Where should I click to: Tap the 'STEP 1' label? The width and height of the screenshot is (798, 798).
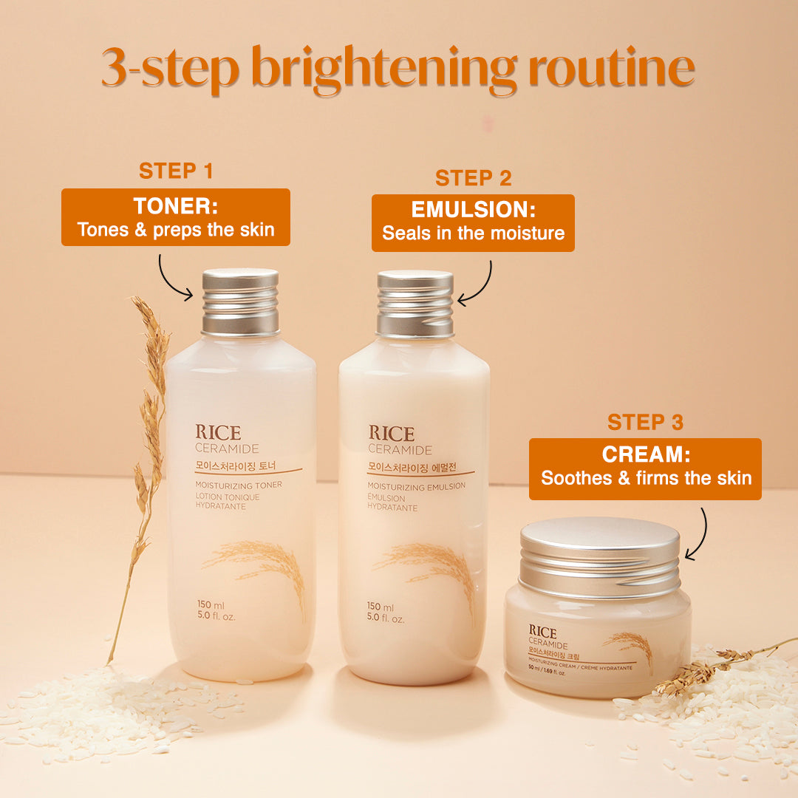click(x=176, y=171)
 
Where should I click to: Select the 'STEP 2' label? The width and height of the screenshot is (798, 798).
click(x=473, y=178)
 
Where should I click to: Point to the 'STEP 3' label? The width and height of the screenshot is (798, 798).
click(x=645, y=422)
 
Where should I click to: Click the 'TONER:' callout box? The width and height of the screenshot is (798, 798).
click(x=176, y=217)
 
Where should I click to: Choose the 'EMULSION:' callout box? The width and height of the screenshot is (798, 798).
click(x=473, y=223)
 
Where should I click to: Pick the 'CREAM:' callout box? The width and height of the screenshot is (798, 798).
click(x=645, y=468)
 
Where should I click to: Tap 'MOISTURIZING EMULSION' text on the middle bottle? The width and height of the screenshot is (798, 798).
click(x=417, y=485)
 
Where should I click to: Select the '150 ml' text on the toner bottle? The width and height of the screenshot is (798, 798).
click(x=211, y=606)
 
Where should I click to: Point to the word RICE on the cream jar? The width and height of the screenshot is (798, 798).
click(x=543, y=632)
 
